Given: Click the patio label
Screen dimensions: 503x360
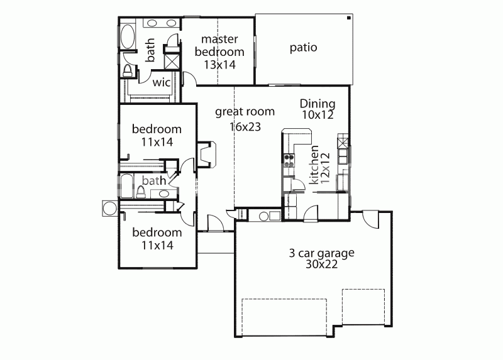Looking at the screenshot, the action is (x=303, y=48).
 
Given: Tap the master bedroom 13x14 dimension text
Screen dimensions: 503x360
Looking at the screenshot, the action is (x=219, y=65).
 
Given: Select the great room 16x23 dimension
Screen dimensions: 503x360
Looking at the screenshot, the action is (x=245, y=127).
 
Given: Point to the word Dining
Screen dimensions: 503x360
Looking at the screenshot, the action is (x=318, y=104).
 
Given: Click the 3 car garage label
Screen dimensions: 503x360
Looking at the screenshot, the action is (x=321, y=253).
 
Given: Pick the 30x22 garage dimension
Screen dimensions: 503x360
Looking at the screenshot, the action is (x=321, y=265).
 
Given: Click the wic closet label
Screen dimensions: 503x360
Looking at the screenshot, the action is (x=162, y=82).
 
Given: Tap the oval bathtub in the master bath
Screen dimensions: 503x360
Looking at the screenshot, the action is (x=128, y=36).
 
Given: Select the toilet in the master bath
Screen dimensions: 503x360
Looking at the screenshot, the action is (x=128, y=70).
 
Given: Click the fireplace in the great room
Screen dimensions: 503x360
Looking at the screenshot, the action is (x=207, y=154).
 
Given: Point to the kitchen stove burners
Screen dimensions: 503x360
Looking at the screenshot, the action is (x=289, y=161).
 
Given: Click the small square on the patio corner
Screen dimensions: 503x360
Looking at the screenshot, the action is (x=348, y=18).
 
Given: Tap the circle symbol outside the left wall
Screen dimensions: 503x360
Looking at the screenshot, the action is (x=109, y=209).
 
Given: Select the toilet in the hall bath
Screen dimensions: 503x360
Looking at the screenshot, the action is (x=140, y=192).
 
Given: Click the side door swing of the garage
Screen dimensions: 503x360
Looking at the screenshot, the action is (x=370, y=219).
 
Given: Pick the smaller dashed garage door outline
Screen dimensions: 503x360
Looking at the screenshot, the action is (x=363, y=307).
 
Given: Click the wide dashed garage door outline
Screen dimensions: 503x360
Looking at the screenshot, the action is (x=284, y=317).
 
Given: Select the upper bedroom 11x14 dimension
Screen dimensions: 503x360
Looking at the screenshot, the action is (x=157, y=142).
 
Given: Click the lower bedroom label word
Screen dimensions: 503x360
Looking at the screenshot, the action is (x=157, y=232).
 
